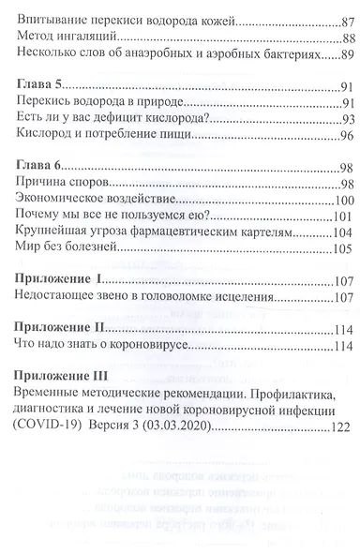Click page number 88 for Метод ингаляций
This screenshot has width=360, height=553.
pyautogui.click(x=346, y=37)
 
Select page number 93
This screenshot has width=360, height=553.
pyautogui.click(x=346, y=119)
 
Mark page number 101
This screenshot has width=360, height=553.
pyautogui.click(x=343, y=216)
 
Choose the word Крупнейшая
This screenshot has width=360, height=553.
pyautogui.click(x=56, y=232)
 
